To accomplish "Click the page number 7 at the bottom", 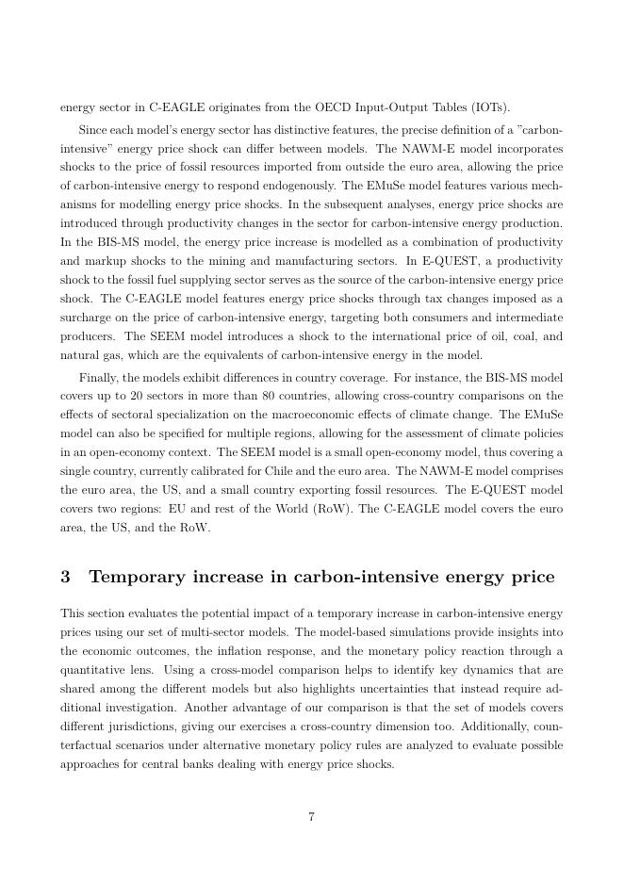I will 311,817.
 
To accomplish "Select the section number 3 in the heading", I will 65,577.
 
